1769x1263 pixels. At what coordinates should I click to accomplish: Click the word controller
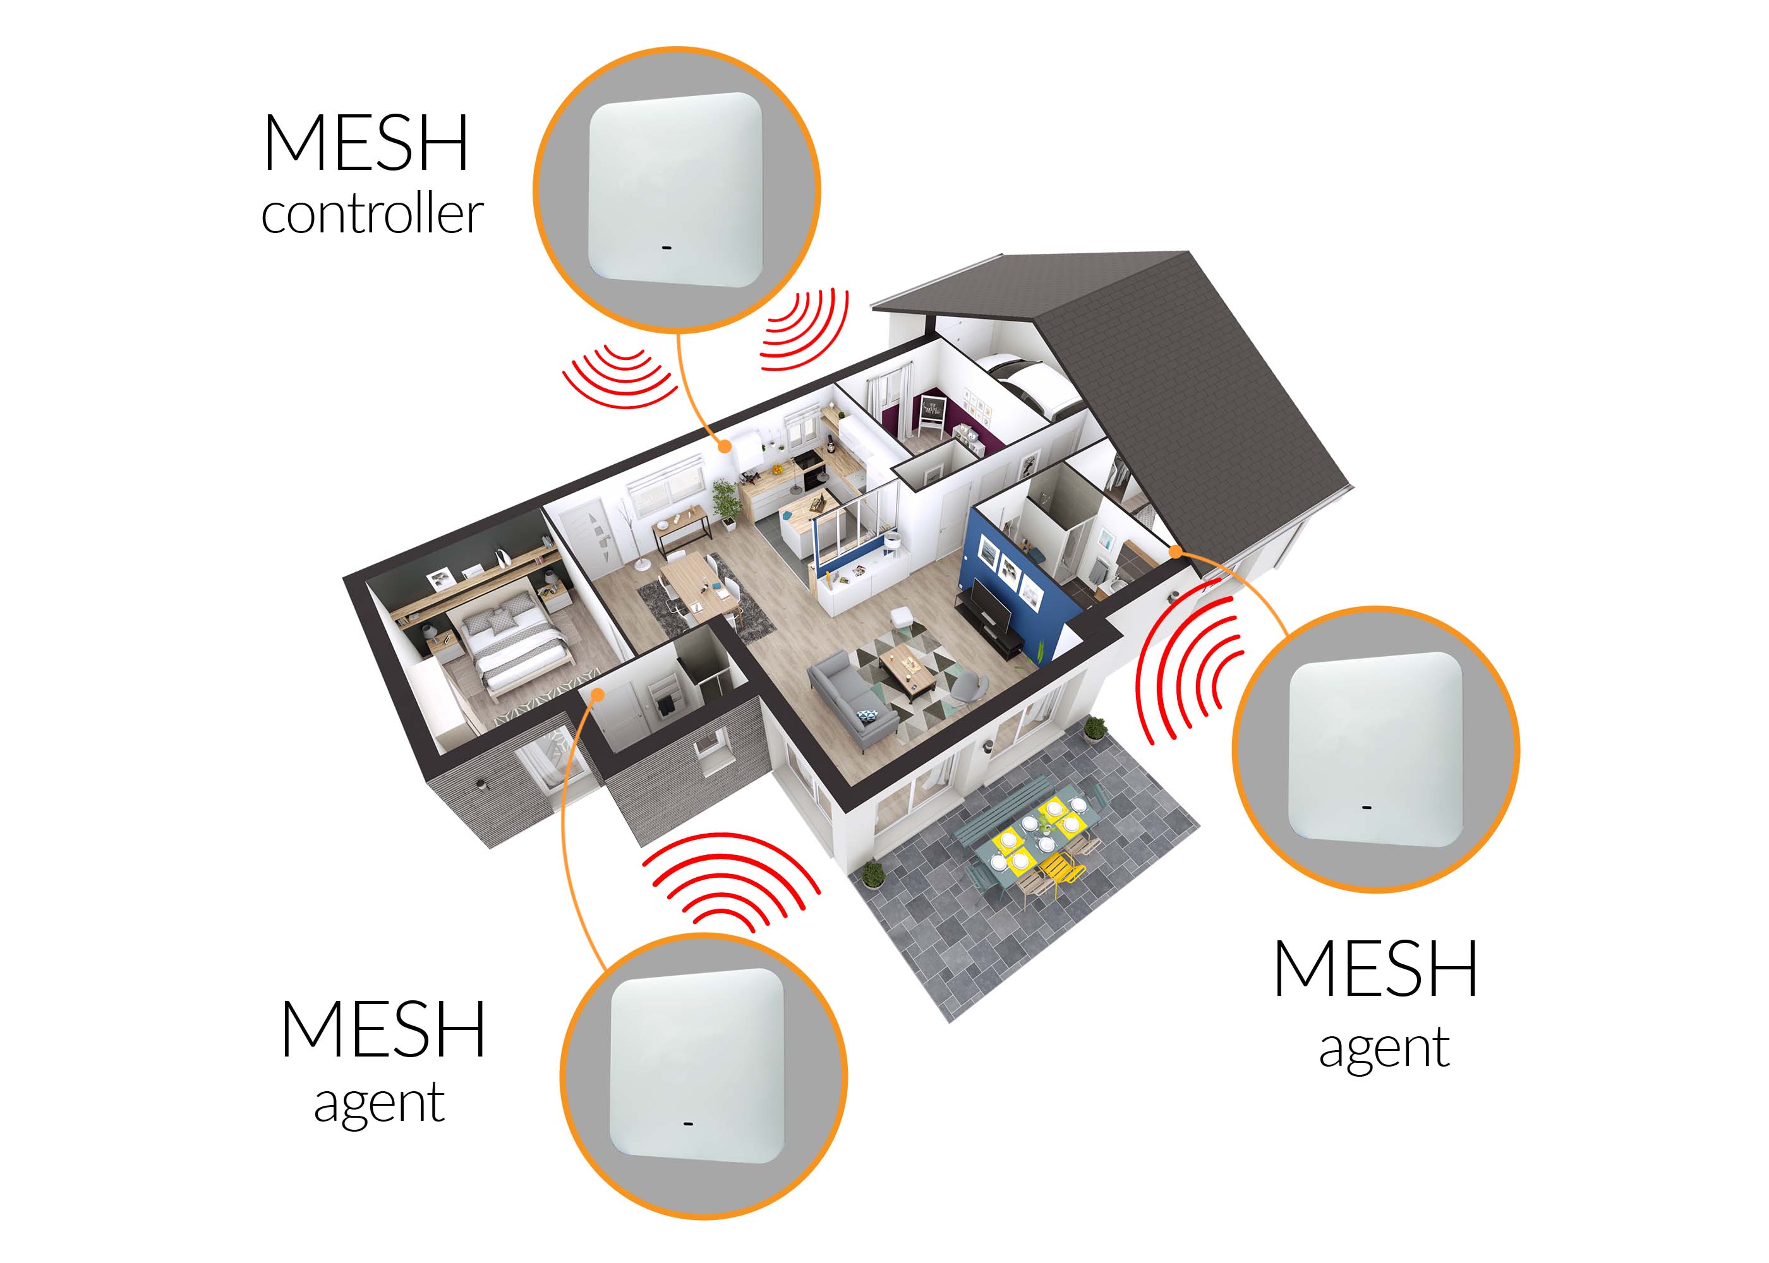372,214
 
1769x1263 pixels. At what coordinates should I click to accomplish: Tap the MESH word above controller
366,144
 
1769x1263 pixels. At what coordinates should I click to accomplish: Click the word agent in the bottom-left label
379,1103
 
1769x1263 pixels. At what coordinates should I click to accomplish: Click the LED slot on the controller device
667,249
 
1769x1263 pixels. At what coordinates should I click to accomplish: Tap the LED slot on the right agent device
1367,807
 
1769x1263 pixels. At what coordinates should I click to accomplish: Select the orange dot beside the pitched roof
1176,551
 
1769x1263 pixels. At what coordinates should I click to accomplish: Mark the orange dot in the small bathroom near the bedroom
598,694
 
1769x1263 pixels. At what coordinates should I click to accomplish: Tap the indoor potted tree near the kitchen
725,501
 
